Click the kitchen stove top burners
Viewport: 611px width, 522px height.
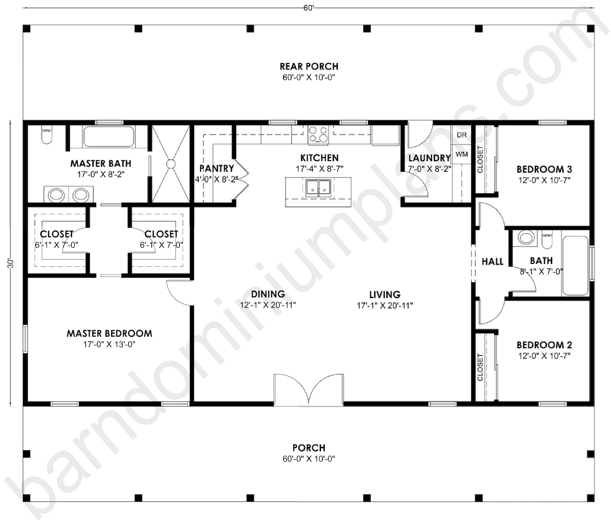[x=318, y=135]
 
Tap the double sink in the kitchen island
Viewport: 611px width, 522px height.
[x=319, y=188]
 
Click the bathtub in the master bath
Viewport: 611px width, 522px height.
[x=109, y=136]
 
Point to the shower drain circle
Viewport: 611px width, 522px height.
[x=171, y=164]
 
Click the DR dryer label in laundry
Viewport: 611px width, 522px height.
[x=462, y=135]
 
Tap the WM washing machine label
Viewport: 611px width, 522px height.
[x=462, y=154]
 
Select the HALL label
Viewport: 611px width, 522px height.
[x=492, y=262]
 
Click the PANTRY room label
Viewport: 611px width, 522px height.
[x=217, y=168]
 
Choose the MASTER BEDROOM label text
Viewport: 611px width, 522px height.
[x=109, y=334]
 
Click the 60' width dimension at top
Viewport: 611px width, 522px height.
[x=308, y=8]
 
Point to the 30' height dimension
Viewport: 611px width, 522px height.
[x=11, y=264]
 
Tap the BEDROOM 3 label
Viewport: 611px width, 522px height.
[x=544, y=169]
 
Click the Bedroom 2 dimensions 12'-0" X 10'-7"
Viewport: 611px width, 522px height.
[x=544, y=356]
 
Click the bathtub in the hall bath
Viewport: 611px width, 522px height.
[x=575, y=266]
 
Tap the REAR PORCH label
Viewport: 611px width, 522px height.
[x=309, y=66]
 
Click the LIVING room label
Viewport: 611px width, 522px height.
[x=385, y=295]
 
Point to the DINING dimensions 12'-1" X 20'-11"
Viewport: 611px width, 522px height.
[x=268, y=305]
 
